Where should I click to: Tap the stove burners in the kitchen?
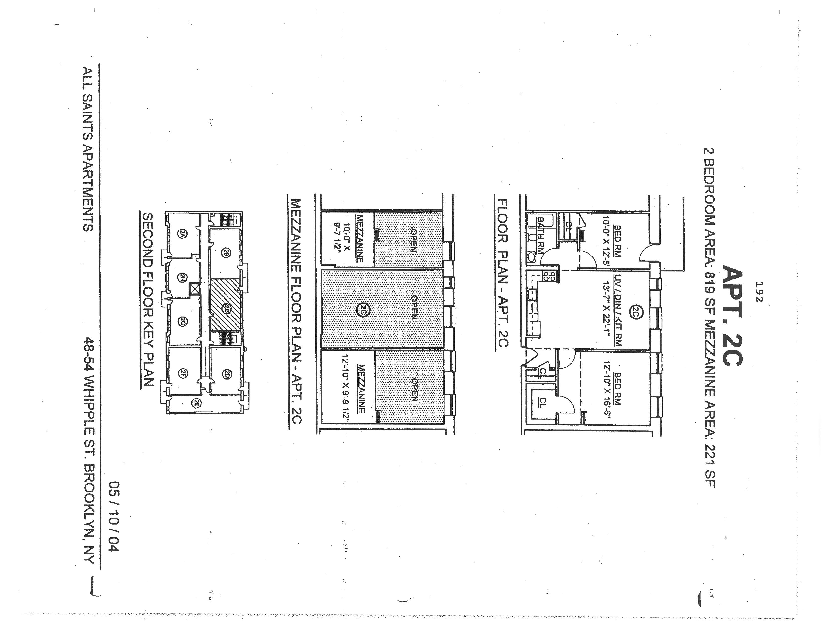548,277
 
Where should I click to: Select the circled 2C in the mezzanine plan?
362,310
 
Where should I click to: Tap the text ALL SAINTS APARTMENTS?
88,149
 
